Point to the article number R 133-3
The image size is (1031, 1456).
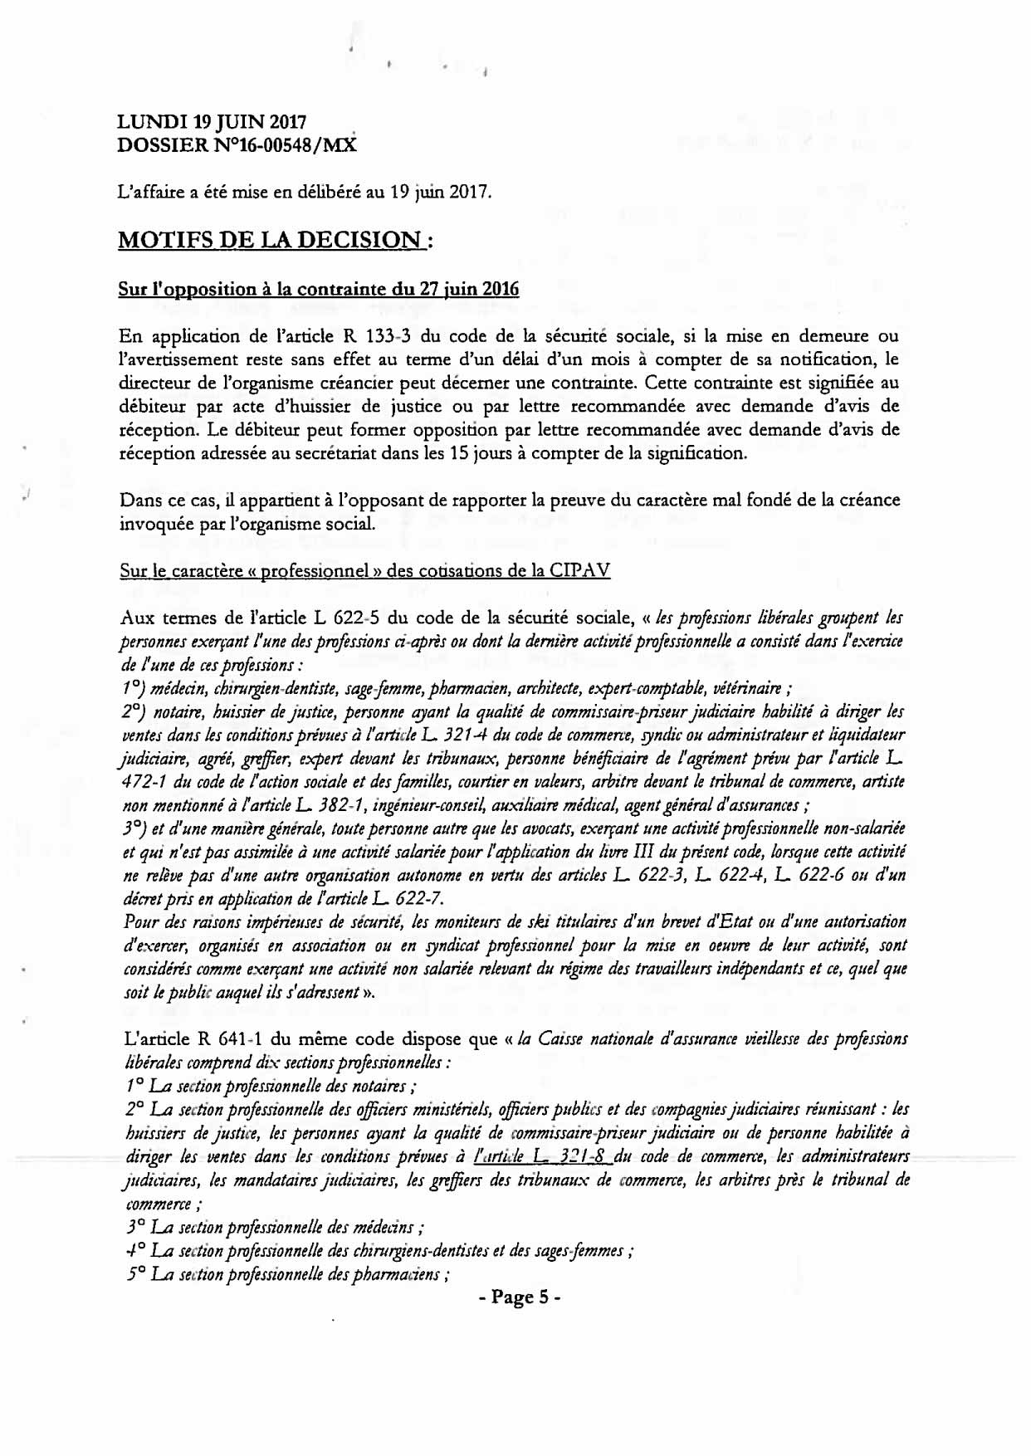coord(379,337)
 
